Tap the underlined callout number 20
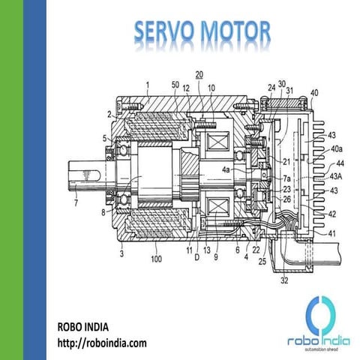coord(199,74)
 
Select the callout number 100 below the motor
coord(155,259)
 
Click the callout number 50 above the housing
coord(175,86)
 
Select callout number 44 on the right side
coord(339,163)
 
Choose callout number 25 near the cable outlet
coord(262,262)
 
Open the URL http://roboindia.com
coord(102,343)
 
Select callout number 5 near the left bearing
coord(105,138)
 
